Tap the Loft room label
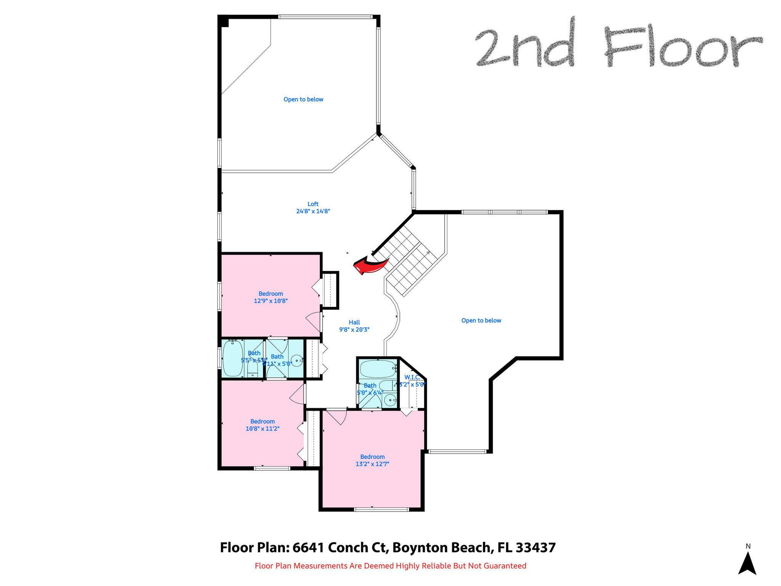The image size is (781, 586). coord(313,204)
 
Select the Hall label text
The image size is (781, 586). coord(354,322)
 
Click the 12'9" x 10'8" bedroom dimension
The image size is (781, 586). coord(270,301)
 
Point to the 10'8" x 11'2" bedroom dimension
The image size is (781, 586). coord(262,428)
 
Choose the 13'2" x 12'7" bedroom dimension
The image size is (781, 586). coord(372,464)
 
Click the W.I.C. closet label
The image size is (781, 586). coord(412,377)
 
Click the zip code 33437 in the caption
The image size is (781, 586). coord(535,547)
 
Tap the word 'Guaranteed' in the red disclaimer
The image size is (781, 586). coord(505,566)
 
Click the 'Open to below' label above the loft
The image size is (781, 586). coord(303,100)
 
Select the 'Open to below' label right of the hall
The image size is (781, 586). coord(481,320)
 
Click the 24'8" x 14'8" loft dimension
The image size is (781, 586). coord(313,211)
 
